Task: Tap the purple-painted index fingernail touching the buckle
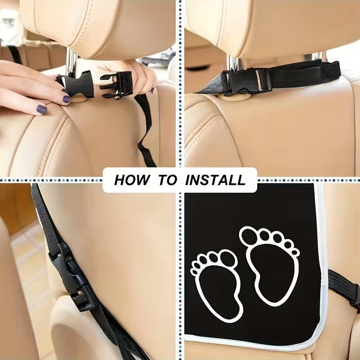pyautogui.click(x=66, y=99)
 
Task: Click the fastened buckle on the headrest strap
pyautogui.click(x=246, y=81)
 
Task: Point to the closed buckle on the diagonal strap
pyautogui.click(x=72, y=277)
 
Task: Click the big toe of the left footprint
pyautogui.click(x=228, y=258)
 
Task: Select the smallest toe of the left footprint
pyautogui.click(x=194, y=272)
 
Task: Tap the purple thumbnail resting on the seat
pyautogui.click(x=42, y=109)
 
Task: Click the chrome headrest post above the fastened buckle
pyautogui.click(x=233, y=63)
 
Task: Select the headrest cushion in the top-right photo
pyautogui.click(x=271, y=27)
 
